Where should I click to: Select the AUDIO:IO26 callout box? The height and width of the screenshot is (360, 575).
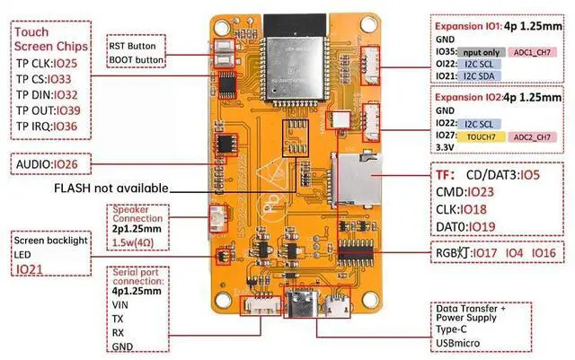point(52,165)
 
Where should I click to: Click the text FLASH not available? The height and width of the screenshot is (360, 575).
point(111,189)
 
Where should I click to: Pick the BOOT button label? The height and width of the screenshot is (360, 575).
point(137,61)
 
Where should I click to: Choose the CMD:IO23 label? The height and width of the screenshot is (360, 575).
point(465,191)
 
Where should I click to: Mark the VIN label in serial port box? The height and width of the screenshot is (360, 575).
point(121,304)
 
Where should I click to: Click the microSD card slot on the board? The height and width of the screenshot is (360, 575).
point(354,179)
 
